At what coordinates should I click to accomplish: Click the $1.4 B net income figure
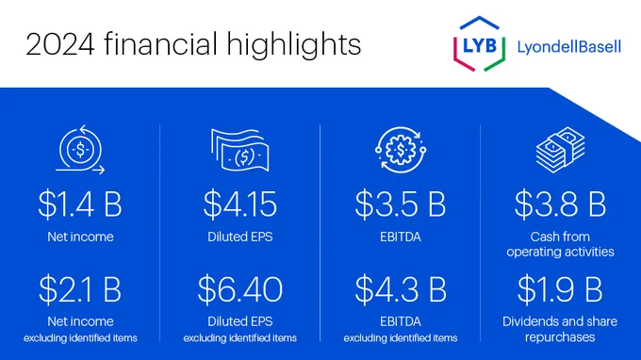click(80, 204)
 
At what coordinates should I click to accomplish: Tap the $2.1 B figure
click(80, 289)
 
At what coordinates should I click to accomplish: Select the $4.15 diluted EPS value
click(240, 204)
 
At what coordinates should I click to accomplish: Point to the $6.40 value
click(240, 289)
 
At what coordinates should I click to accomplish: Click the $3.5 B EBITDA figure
click(401, 204)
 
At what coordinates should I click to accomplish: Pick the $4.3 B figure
click(401, 289)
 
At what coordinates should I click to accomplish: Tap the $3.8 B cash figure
click(560, 204)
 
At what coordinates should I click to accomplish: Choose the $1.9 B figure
click(560, 289)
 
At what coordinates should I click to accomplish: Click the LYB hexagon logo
click(479, 44)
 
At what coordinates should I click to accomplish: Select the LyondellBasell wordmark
click(569, 47)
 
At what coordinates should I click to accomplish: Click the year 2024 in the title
click(60, 44)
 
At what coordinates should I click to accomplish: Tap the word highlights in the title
click(294, 45)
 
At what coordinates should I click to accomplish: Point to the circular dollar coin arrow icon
click(80, 150)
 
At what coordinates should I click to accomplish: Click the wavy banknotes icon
click(240, 150)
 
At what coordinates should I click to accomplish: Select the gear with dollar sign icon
click(401, 150)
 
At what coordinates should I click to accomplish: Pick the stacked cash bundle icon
click(561, 150)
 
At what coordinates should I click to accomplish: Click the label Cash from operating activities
click(560, 244)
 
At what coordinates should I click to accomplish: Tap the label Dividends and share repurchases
click(560, 329)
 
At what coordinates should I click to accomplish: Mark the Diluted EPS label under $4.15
click(240, 237)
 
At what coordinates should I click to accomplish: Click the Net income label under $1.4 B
click(80, 237)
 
